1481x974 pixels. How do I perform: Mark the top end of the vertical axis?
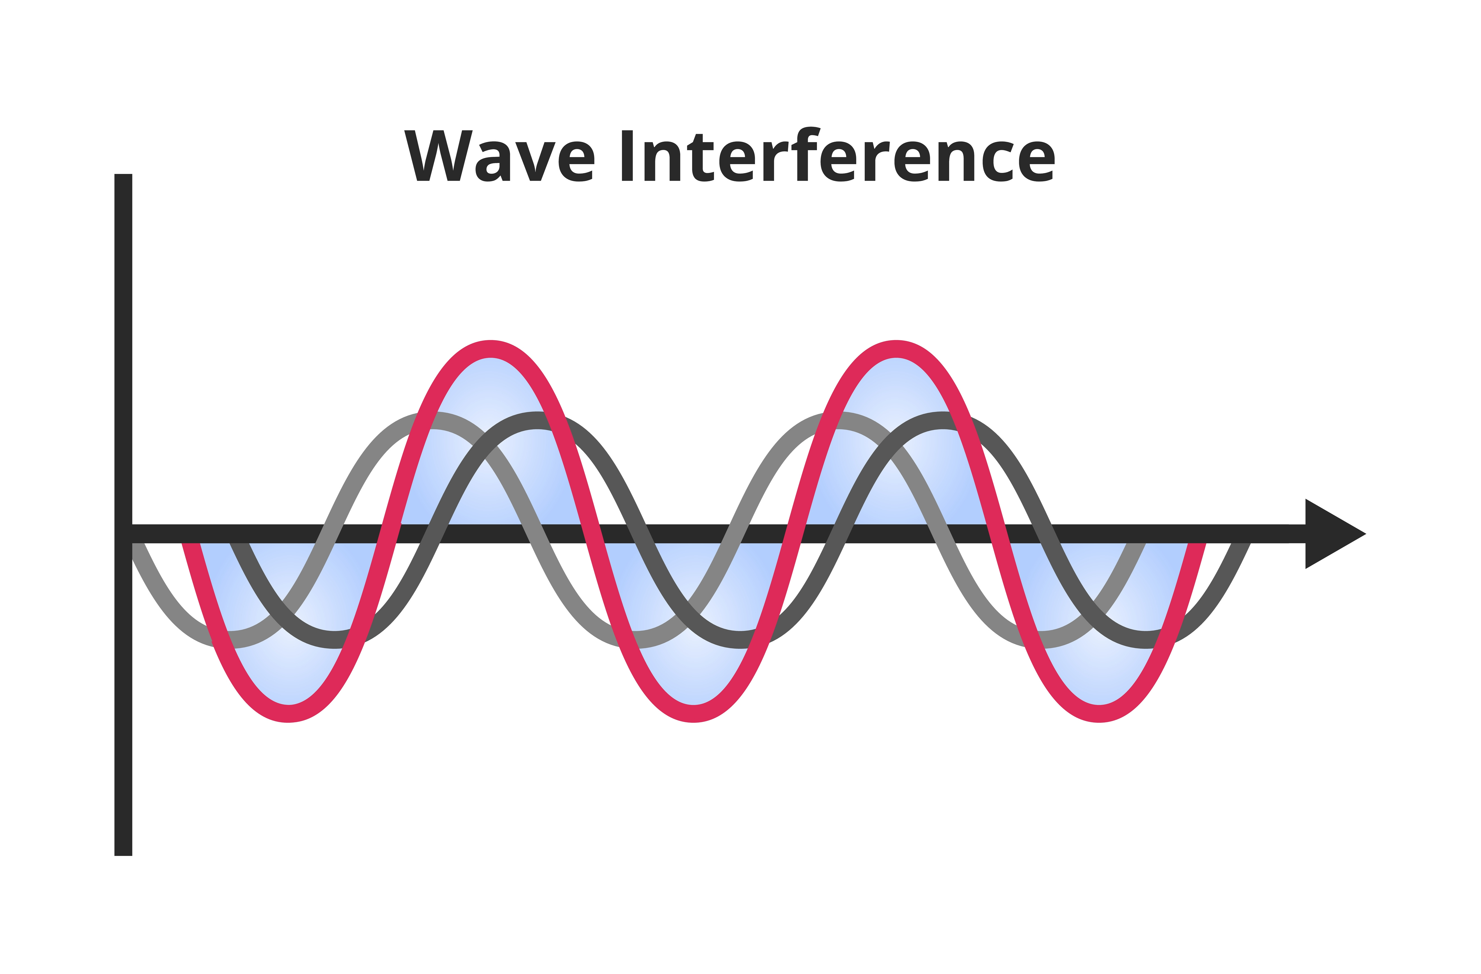[123, 176]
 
